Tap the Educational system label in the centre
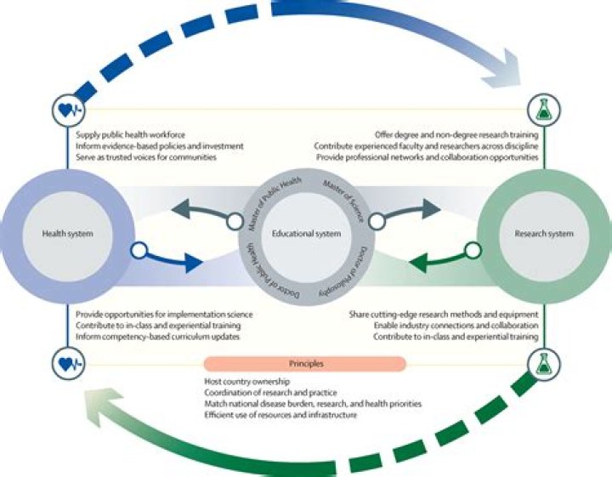[305, 232]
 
